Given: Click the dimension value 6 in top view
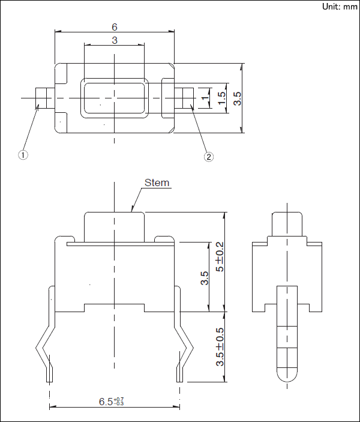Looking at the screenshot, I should click(114, 27).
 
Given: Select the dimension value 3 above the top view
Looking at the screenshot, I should click(114, 40).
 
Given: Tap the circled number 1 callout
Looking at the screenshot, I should click(23, 155).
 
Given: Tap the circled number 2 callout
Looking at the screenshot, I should click(208, 157).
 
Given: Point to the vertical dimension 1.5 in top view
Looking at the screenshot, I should click(221, 98).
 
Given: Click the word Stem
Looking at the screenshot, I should click(157, 182).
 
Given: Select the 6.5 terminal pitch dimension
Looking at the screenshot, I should click(112, 401).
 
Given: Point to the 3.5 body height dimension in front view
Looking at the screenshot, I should click(205, 277).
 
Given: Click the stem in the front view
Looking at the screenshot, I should click(114, 226).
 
